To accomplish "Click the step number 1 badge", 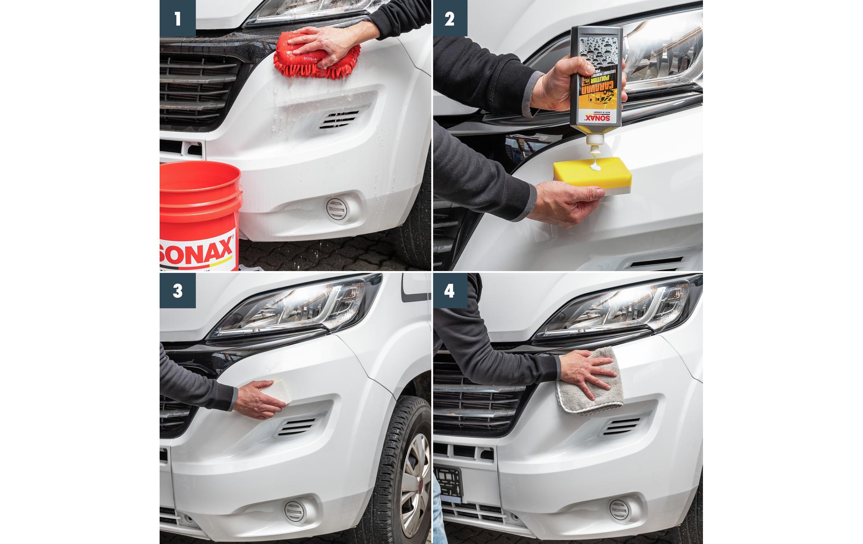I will click(x=177, y=18).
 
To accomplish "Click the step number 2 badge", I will click(x=450, y=18).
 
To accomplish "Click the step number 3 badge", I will click(x=177, y=291).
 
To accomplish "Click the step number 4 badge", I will click(x=450, y=291).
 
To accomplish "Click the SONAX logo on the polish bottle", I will click(x=592, y=118).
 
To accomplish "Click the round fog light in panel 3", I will click(x=294, y=510).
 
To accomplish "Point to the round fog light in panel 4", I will click(x=619, y=510).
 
